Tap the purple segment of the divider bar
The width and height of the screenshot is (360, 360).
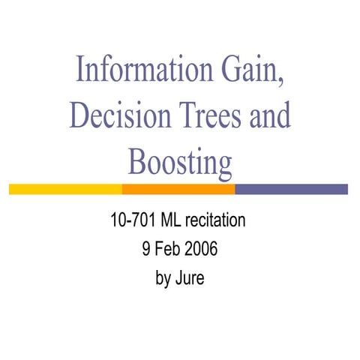coord(292,189)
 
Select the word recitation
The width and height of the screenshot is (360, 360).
coord(217,221)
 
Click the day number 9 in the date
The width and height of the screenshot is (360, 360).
coord(146,249)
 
